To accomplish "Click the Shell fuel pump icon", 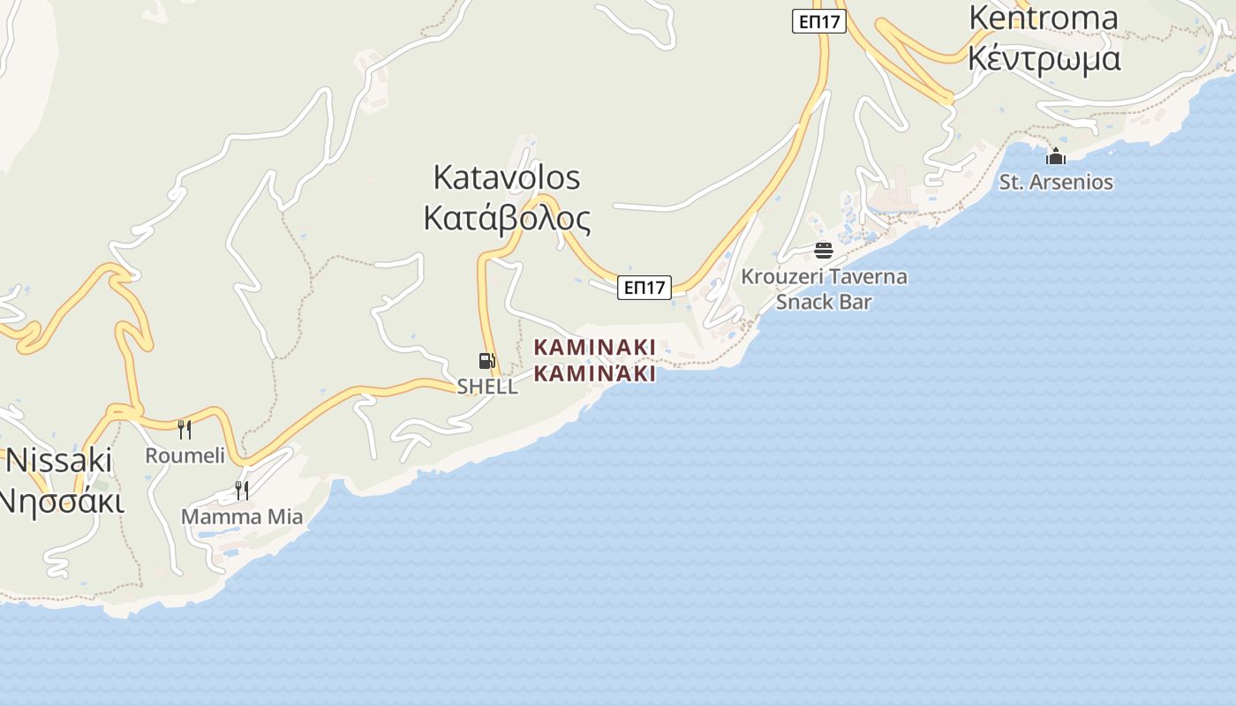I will pos(486,360).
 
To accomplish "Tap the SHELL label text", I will pos(487,387).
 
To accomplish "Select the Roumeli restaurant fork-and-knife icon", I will pos(185,430).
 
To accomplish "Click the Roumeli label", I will pos(185,455).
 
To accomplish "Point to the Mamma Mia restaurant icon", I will pos(242,490).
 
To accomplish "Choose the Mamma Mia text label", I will pos(242,516).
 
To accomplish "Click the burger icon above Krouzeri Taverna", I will pos(824,251).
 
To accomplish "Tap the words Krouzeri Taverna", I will pos(824,276).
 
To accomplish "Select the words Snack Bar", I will pos(824,302).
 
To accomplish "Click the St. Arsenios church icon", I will pos(1056,157).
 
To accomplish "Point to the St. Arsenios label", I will pos(1056,183).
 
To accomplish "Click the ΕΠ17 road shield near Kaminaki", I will pos(644,287).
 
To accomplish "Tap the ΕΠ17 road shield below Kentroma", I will pos(818,21).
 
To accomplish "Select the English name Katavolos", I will pos(507,177).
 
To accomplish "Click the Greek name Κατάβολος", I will pos(507,217).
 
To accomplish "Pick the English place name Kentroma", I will pos(1044,18).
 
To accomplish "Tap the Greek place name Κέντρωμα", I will pos(1044,57).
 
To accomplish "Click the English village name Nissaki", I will pos(59,460).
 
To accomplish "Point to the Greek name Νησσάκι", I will pos(59,499).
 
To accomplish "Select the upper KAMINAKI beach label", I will pos(595,347).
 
